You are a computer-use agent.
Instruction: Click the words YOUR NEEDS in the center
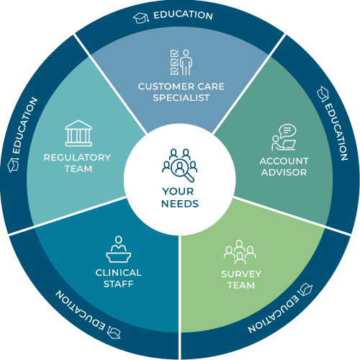[180, 197]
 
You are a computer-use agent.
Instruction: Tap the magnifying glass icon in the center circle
[182, 170]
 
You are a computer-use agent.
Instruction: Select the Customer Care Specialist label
[181, 92]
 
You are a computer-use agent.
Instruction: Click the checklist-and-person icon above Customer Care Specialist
[181, 63]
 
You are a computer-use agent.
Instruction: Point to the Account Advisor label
[284, 166]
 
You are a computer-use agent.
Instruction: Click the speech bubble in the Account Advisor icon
[288, 130]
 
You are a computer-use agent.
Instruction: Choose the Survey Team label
[241, 279]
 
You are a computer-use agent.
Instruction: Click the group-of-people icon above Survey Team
[240, 252]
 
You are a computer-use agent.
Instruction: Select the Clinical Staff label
[119, 278]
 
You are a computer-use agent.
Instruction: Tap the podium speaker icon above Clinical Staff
[119, 249]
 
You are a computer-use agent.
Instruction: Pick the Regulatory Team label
[77, 163]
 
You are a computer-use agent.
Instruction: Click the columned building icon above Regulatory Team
[78, 133]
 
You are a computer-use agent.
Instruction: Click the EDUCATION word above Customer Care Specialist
[183, 15]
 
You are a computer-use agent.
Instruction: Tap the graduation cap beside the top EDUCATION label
[141, 18]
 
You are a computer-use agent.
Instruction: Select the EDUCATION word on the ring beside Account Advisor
[336, 132]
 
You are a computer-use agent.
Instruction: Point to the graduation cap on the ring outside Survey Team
[305, 289]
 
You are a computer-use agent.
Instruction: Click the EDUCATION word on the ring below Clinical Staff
[81, 310]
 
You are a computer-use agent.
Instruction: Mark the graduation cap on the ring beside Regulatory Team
[13, 165]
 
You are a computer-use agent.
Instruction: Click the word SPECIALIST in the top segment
[181, 98]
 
